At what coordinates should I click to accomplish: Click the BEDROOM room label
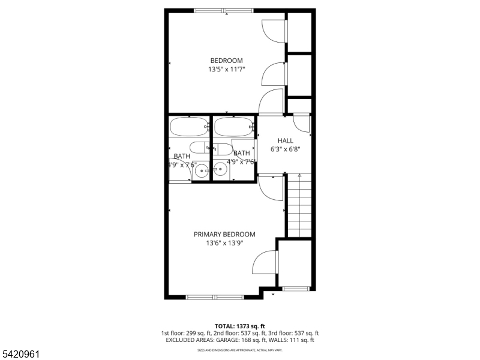226,61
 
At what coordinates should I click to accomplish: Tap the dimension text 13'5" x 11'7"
226,70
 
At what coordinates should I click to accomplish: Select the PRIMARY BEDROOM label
224,235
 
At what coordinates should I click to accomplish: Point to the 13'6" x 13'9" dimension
224,243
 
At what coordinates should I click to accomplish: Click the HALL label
285,140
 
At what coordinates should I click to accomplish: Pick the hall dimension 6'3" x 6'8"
285,149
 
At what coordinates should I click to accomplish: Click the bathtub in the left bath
188,127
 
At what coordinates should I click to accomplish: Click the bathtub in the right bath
233,127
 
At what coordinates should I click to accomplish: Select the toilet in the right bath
224,149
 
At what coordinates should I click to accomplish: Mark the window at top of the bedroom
224,10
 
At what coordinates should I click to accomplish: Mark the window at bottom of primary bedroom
215,296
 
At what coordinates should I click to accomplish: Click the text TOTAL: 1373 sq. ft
240,326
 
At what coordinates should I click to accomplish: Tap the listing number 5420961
20,355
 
